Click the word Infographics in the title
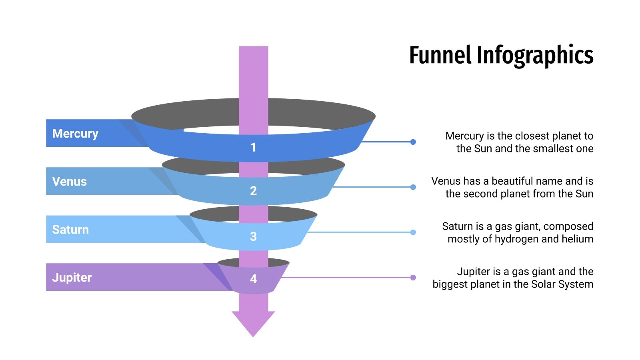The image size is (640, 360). coord(535,55)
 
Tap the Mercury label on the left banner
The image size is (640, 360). coord(75,133)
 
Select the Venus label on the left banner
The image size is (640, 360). coord(69,181)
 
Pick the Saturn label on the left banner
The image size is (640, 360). coord(70,230)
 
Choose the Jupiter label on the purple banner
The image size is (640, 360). coord(72,277)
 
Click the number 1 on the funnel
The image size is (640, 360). coord(253,148)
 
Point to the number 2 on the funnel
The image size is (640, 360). coord(253,191)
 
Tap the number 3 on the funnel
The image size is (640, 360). coord(253,236)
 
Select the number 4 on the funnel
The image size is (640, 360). coord(253,279)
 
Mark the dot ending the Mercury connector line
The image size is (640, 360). coord(413,142)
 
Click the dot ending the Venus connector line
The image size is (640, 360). coord(413,187)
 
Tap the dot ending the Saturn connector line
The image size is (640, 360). coord(413,232)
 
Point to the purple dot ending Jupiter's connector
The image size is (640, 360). coord(413,278)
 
